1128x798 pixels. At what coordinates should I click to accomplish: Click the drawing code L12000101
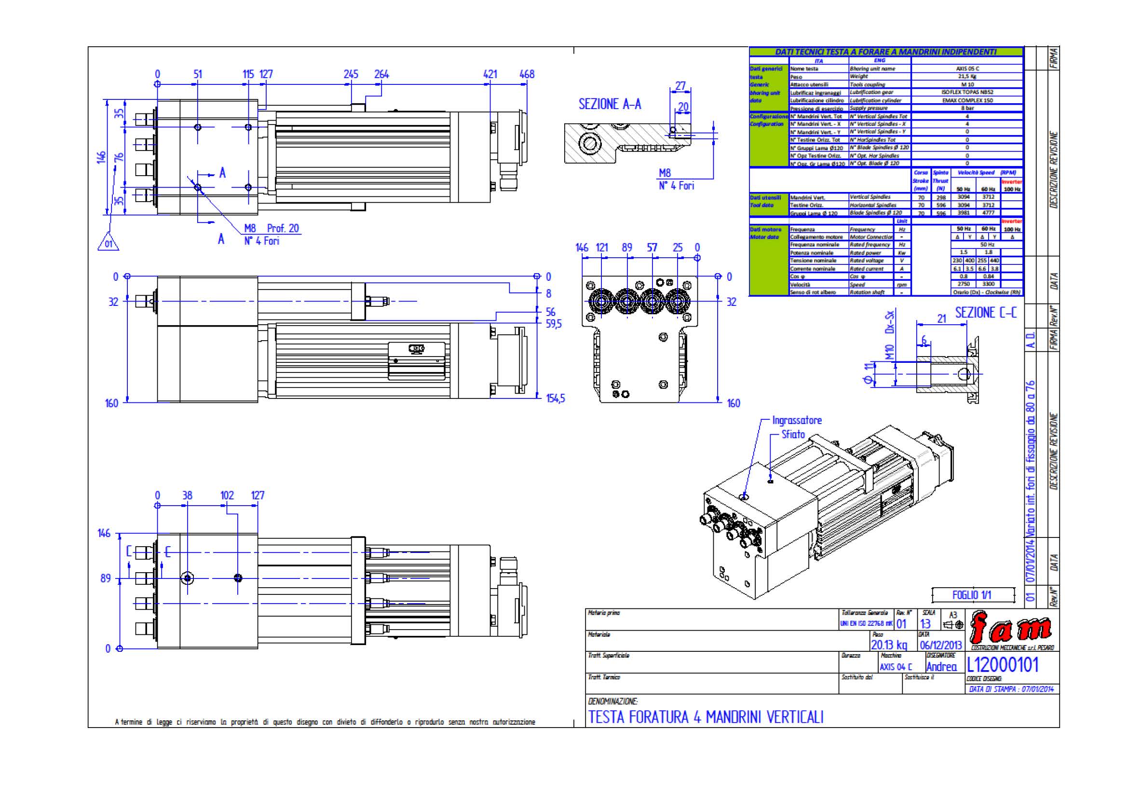coord(1003,665)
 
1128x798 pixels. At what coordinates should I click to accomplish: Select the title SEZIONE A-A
coord(610,104)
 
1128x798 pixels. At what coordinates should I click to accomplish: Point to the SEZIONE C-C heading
coord(986,313)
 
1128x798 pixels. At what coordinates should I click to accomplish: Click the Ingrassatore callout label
coord(796,420)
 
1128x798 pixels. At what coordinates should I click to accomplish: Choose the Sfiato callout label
coord(793,434)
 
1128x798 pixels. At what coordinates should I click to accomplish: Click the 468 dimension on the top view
coord(527,74)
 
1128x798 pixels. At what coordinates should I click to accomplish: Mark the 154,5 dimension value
coord(556,399)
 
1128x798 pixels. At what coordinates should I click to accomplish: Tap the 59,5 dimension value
coord(554,324)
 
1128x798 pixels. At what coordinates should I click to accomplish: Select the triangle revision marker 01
coord(109,243)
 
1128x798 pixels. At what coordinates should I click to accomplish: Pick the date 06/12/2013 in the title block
coord(941,645)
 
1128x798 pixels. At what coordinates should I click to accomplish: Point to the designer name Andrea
coord(941,667)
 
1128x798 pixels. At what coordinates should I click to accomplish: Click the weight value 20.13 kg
coord(889,645)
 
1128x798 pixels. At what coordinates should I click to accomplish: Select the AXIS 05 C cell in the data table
coord(967,69)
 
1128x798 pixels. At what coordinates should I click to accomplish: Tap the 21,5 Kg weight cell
coord(967,77)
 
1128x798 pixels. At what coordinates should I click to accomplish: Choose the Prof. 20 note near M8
coord(283,228)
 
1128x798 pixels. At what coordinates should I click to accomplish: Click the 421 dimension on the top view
coord(490,74)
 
